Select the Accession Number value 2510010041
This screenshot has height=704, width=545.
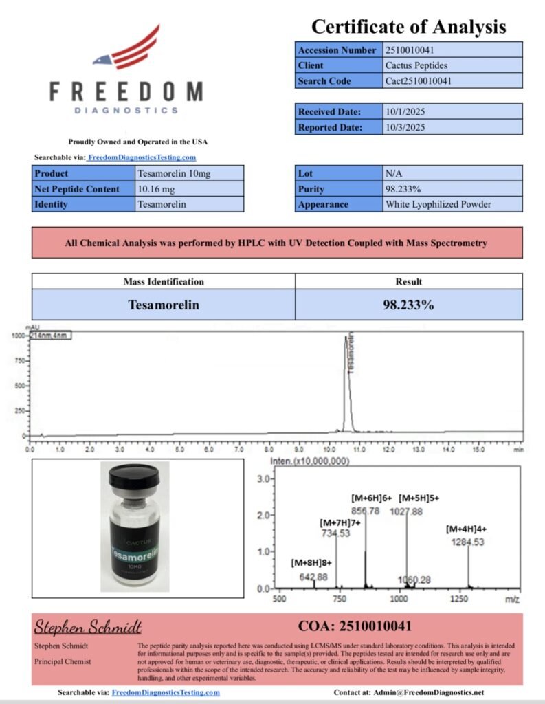[410, 50]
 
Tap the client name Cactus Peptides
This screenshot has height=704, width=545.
[416, 65]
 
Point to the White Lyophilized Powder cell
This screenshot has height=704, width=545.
[438, 204]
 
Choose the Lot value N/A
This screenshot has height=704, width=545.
[394, 174]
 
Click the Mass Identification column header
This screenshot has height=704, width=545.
[164, 281]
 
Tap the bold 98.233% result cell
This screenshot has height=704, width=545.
[408, 305]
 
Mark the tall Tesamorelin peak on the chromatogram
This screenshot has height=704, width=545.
[346, 385]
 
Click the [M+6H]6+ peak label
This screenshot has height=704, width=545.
[371, 498]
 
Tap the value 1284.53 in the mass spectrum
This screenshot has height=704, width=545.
[468, 542]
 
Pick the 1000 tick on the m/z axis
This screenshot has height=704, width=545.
[399, 599]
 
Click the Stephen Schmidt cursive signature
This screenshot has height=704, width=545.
[88, 627]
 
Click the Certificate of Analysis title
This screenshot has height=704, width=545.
[408, 27]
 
